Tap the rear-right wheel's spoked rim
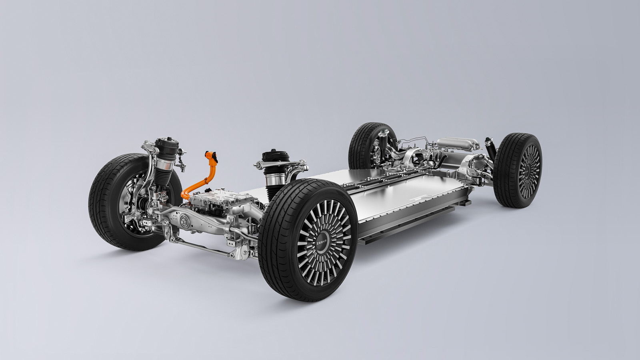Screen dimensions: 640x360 click(529, 172)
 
